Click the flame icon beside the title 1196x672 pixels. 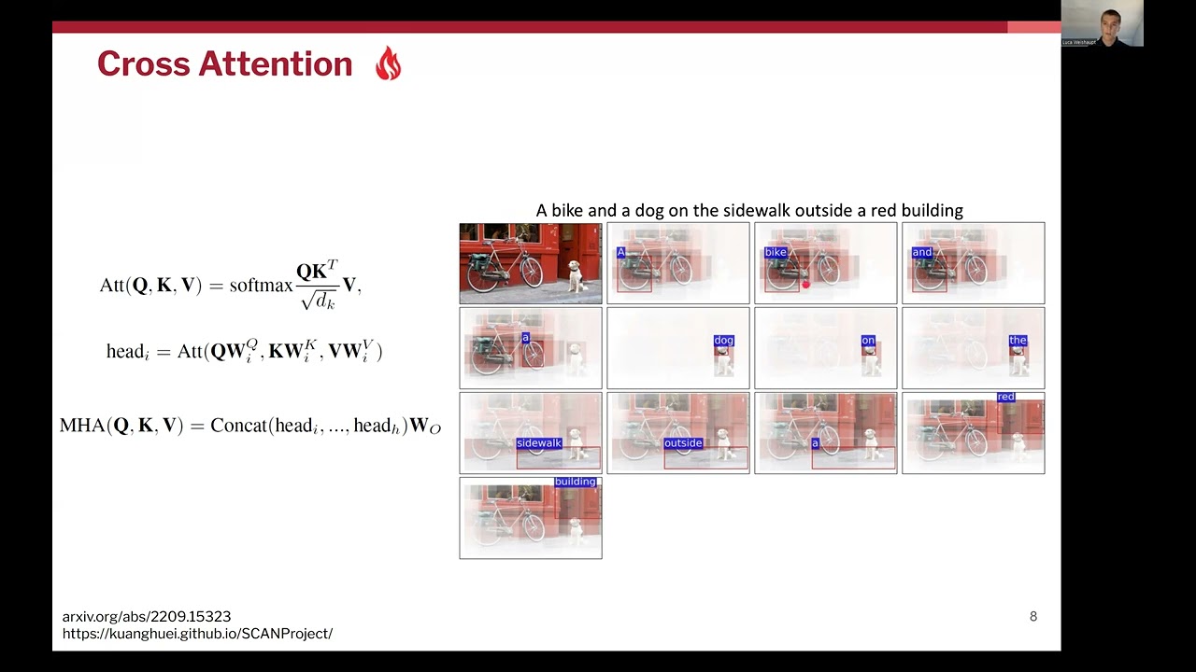tap(388, 64)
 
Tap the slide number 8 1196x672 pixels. tap(1033, 616)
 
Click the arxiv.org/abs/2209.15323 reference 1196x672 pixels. tap(147, 616)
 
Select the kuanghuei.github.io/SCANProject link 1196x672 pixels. tap(197, 634)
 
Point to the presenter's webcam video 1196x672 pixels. tap(1102, 23)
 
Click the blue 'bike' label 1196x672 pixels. tap(776, 252)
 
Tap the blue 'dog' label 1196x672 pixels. tap(724, 341)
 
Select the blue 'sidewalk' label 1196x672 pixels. tap(539, 443)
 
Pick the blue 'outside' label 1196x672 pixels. tap(683, 443)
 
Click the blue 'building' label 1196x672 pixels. tap(575, 482)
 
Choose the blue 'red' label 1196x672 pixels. tap(1005, 397)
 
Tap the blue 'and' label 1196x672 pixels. tap(922, 252)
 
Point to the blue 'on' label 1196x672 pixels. tap(868, 341)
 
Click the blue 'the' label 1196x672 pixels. tap(1018, 341)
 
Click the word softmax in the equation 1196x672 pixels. tap(261, 285)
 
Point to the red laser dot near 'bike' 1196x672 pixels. tap(805, 285)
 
